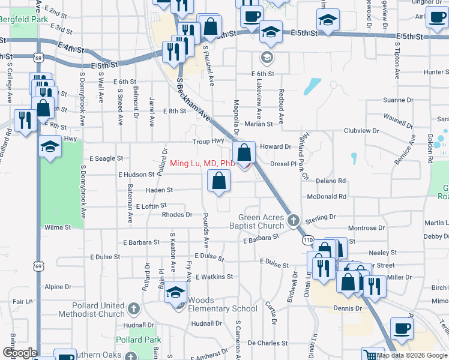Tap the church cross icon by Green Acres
pos(294,220)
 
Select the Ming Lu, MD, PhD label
pos(202,163)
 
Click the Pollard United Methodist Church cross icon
pos(134,309)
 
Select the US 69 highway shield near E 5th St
pos(38,58)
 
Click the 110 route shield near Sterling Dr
pos(307,240)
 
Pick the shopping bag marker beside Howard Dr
pos(244,152)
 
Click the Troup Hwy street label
pos(208,142)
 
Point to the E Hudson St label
pos(137,175)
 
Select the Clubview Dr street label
pos(361,130)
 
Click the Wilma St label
pos(58,227)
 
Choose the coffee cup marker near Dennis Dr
pos(402,328)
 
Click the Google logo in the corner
pos(20,353)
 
